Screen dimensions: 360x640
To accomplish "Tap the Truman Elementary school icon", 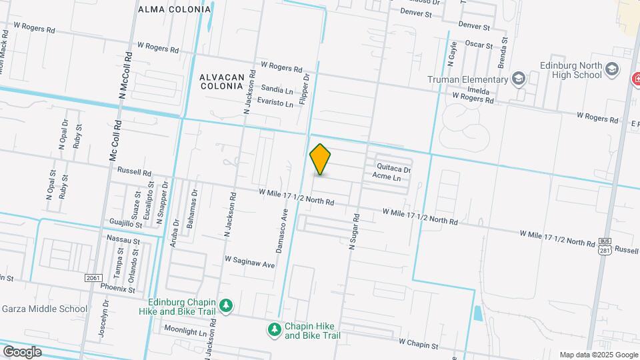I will tap(517, 79).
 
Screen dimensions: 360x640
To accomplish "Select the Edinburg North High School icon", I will tap(611, 69).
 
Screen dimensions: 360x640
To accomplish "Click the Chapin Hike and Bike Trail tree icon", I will tap(273, 329).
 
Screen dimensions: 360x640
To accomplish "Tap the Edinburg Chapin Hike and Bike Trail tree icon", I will tap(227, 305).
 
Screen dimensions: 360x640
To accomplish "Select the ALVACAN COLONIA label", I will tap(221, 81).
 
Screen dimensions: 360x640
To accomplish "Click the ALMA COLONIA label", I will tap(174, 9).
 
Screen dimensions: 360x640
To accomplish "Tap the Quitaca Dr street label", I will tap(393, 169).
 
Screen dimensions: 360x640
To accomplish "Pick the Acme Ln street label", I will tap(386, 178).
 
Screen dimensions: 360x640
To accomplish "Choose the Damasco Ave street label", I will tap(282, 231).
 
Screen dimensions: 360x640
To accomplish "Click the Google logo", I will tap(22, 351).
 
